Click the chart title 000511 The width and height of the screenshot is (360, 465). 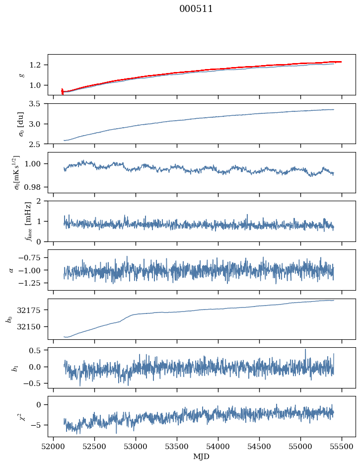pyautogui.click(x=196, y=9)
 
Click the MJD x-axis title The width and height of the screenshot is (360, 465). pyautogui.click(x=201, y=457)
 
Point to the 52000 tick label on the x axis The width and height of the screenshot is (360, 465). pyautogui.click(x=54, y=447)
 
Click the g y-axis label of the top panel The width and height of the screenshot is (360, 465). pyautogui.click(x=21, y=75)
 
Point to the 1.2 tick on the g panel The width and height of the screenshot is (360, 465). pyautogui.click(x=37, y=65)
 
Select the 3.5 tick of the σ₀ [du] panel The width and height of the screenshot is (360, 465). pyautogui.click(x=37, y=104)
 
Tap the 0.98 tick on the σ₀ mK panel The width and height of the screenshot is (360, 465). pyautogui.click(x=35, y=187)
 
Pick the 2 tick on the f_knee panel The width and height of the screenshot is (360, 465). pyautogui.click(x=42, y=201)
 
